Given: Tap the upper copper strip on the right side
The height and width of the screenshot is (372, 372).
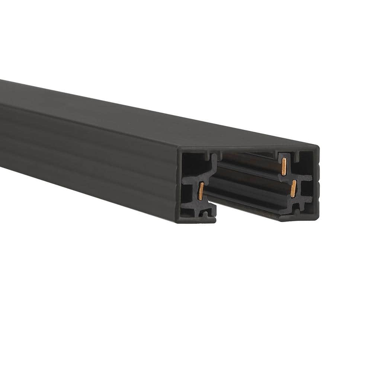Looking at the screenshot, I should tap(284, 166).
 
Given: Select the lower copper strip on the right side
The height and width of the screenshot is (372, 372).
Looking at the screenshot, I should tap(294, 189).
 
